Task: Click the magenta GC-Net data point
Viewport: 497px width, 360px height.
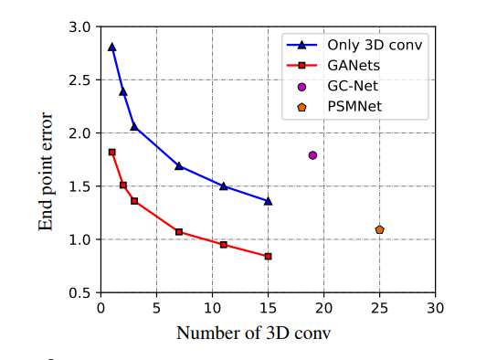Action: (x=312, y=155)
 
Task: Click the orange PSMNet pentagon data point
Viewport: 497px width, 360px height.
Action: (x=379, y=229)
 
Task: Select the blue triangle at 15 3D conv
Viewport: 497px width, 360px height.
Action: (x=268, y=201)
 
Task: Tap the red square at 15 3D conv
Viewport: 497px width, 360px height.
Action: (x=268, y=256)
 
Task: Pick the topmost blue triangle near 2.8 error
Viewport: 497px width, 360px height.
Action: (x=111, y=47)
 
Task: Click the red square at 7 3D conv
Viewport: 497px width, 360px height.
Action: (x=179, y=232)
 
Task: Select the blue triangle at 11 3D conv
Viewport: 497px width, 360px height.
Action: (x=224, y=185)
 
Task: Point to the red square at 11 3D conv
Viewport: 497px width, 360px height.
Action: (x=224, y=245)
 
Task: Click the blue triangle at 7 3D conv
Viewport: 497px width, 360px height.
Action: (x=179, y=166)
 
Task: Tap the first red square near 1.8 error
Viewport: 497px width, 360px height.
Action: (x=111, y=152)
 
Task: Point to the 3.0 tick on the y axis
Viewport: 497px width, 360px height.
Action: (x=81, y=27)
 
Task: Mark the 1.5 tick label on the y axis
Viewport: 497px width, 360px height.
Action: (x=81, y=186)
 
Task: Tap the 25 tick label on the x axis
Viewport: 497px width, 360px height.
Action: (x=380, y=308)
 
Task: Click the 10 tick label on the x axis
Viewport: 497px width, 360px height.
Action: (x=212, y=308)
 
